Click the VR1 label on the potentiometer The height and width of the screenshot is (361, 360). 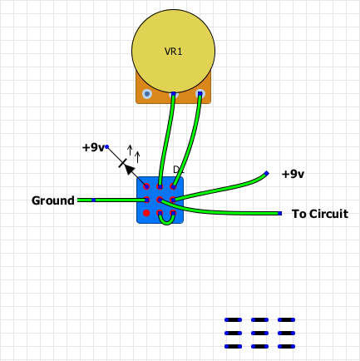173,52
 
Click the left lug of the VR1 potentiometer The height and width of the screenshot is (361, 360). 147,94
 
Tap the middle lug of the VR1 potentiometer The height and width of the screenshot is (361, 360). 173,94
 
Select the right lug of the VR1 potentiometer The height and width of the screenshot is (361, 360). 200,94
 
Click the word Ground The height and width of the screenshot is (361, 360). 53,200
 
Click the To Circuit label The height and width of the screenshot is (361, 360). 320,214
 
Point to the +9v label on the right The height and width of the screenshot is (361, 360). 293,174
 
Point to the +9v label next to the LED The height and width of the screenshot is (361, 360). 92,147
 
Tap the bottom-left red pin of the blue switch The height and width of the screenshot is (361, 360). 146,214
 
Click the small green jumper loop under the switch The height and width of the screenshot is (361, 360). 167,220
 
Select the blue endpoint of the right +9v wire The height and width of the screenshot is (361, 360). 266,173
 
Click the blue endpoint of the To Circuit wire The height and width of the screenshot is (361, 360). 280,214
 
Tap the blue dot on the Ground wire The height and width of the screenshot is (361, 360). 94,200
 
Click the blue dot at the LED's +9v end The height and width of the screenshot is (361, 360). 106,146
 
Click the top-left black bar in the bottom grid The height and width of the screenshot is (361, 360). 233,319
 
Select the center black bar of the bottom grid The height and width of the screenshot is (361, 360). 259,333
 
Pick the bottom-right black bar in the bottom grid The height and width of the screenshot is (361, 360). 286,346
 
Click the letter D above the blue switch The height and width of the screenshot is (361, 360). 176,170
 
